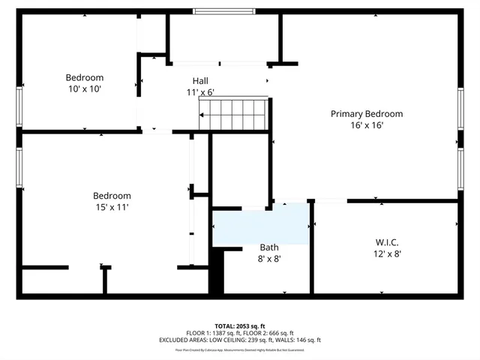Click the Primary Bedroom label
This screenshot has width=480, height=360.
tap(367, 114)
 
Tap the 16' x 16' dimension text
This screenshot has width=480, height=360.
tap(367, 126)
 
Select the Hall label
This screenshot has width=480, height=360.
tap(200, 81)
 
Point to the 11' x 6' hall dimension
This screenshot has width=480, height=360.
tap(200, 92)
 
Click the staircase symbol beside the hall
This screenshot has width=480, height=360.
tap(232, 113)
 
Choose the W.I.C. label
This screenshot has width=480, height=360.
tap(387, 242)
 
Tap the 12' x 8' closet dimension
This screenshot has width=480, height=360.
tap(387, 254)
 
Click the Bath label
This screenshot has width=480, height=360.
tap(269, 247)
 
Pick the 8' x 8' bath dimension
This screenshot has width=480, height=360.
tap(269, 259)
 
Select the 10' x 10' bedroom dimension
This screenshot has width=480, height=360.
tap(84, 88)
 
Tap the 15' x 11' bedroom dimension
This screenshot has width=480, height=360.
tap(112, 207)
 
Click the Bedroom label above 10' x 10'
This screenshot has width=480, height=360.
tap(84, 77)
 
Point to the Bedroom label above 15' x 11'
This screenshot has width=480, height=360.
tap(112, 196)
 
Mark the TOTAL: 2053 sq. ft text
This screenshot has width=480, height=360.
tap(239, 325)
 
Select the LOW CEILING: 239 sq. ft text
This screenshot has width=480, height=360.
tap(245, 340)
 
